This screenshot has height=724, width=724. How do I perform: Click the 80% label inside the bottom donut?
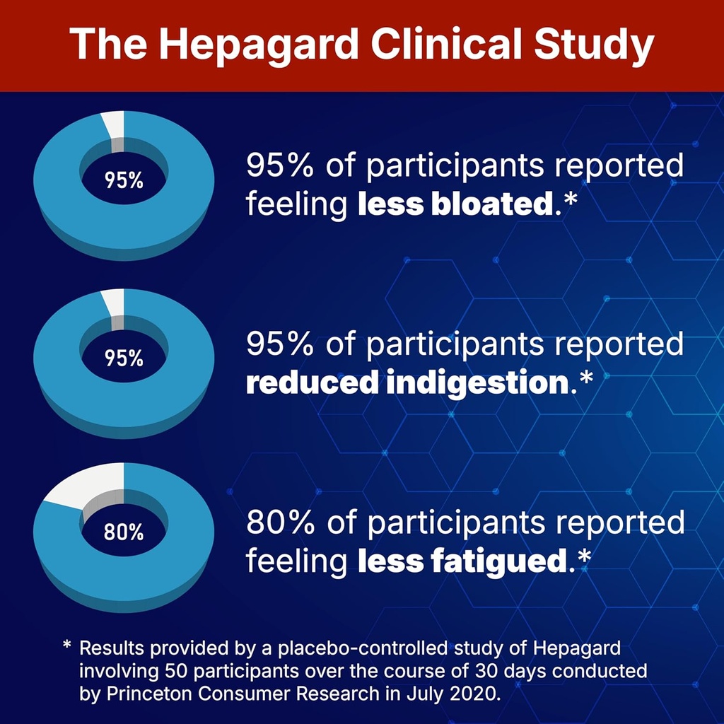pyautogui.click(x=124, y=532)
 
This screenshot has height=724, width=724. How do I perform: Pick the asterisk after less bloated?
pyautogui.click(x=571, y=201)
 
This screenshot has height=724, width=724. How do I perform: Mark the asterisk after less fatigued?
pyautogui.click(x=584, y=557)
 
